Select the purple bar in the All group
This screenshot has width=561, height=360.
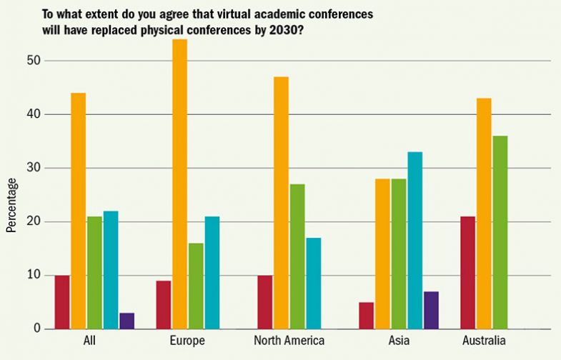[126, 321]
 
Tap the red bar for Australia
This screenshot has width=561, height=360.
[467, 273]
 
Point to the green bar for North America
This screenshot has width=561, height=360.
[297, 256]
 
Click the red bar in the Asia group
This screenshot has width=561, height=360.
[366, 316]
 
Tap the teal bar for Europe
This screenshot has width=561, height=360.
[212, 273]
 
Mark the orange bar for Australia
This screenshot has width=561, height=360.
[484, 214]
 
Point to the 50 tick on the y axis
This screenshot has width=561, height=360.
[31, 61]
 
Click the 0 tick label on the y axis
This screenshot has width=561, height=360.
[35, 329]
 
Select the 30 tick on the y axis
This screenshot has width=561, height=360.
[31, 168]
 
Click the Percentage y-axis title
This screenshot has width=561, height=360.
[11, 204]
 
